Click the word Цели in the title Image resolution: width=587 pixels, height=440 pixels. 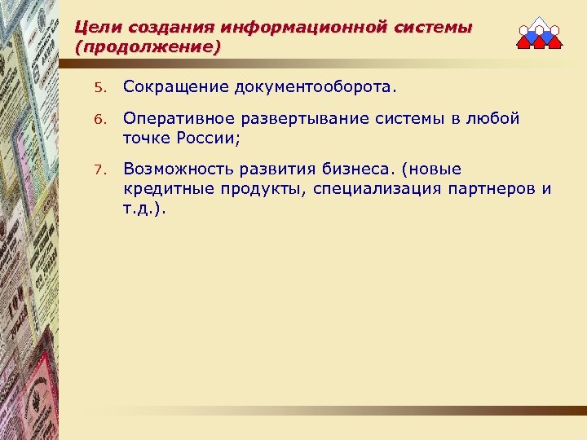95,28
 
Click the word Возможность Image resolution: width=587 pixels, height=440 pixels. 176,169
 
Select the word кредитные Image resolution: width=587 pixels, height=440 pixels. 163,189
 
